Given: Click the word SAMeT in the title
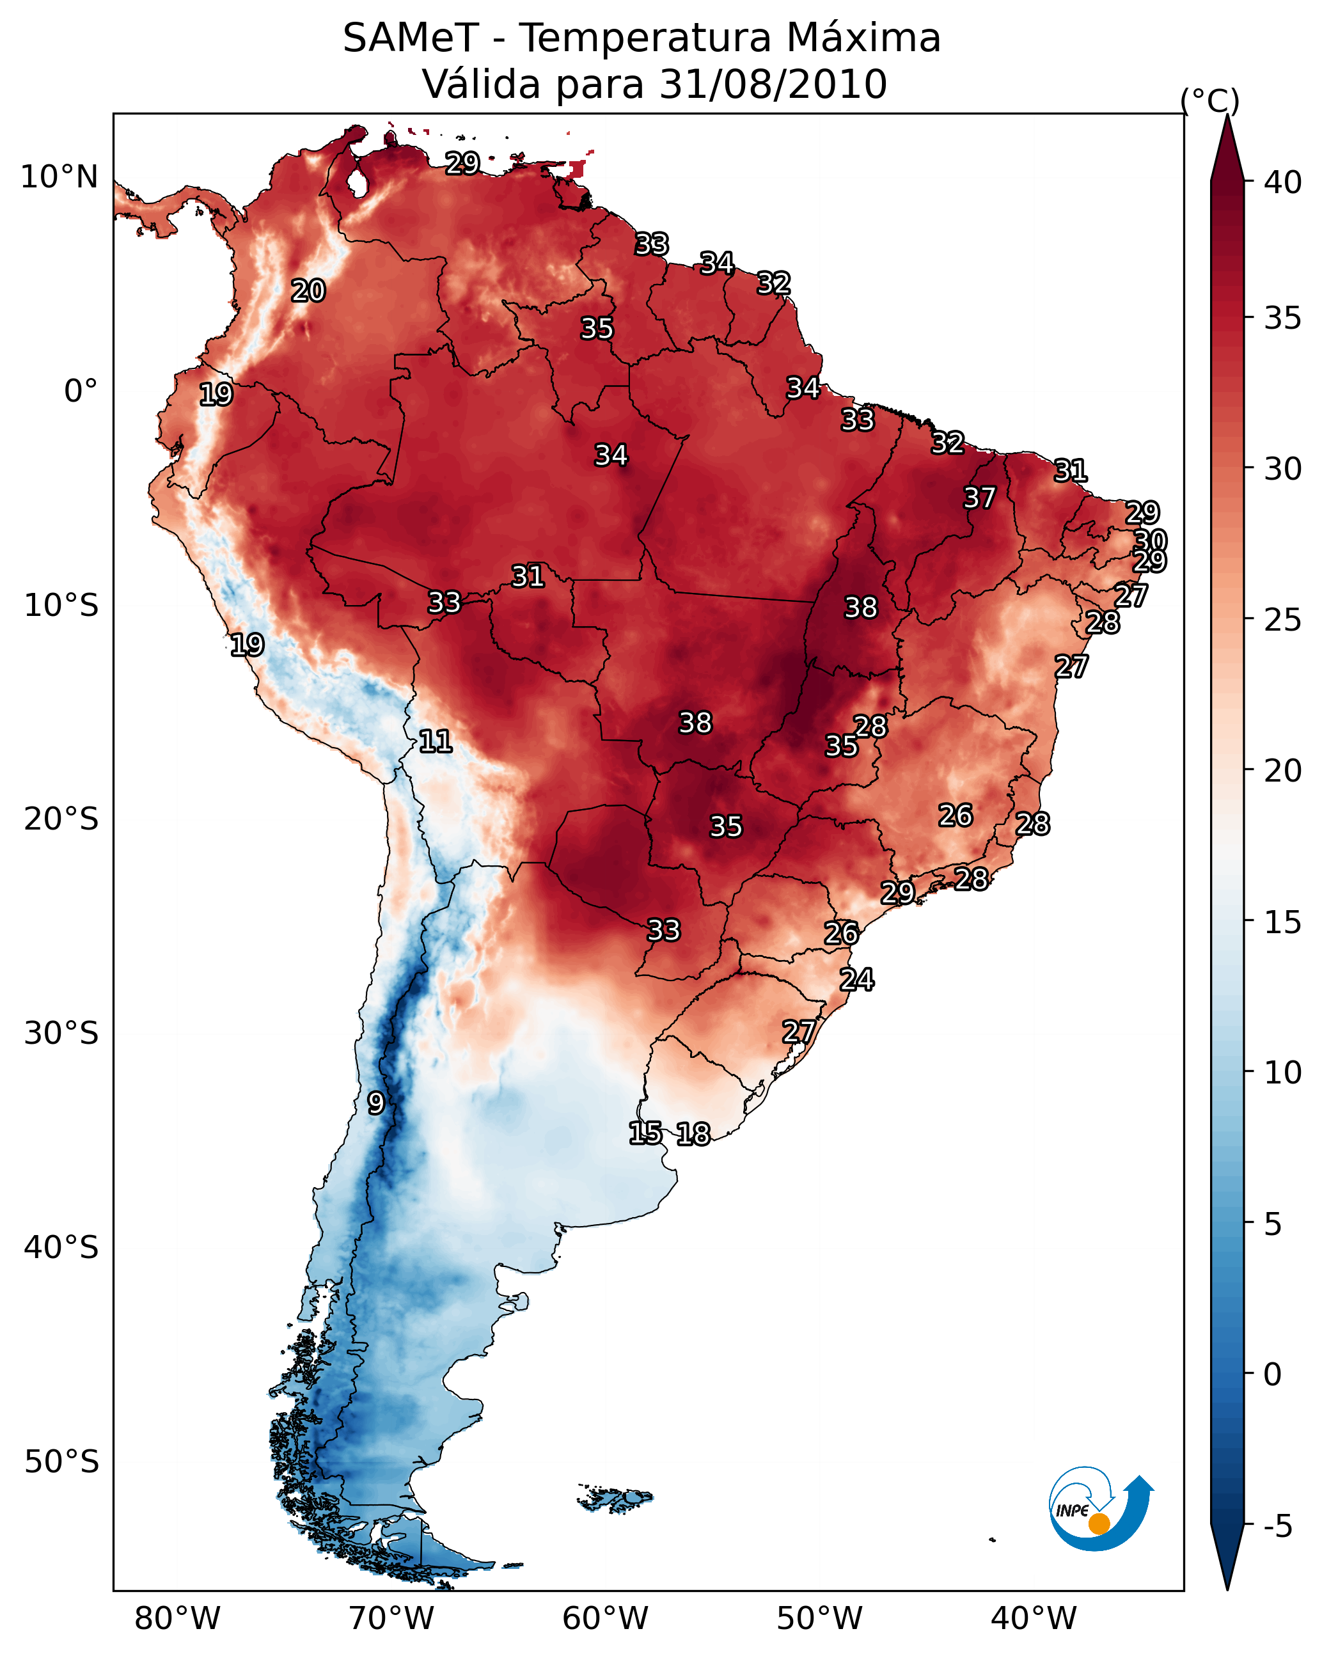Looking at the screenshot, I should pyautogui.click(x=410, y=38).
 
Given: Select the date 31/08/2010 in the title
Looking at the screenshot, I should pyautogui.click(x=773, y=84).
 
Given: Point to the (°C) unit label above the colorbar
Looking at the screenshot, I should pyautogui.click(x=1210, y=100).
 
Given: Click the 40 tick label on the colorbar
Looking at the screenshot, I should pyautogui.click(x=1283, y=182).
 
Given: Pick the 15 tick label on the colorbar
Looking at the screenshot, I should pyautogui.click(x=1283, y=923).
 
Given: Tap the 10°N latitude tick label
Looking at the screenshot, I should pyautogui.click(x=59, y=177).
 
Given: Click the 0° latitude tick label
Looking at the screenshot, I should pyautogui.click(x=81, y=391).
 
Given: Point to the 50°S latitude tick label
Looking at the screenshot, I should pyautogui.click(x=61, y=1462).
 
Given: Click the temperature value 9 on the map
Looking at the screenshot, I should pyautogui.click(x=375, y=1103).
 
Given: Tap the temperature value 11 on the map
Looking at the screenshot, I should pyautogui.click(x=435, y=741).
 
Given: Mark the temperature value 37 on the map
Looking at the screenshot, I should pyautogui.click(x=979, y=498).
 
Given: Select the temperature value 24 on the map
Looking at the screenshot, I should pyautogui.click(x=856, y=980).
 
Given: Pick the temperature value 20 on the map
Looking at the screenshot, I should pyautogui.click(x=308, y=291).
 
